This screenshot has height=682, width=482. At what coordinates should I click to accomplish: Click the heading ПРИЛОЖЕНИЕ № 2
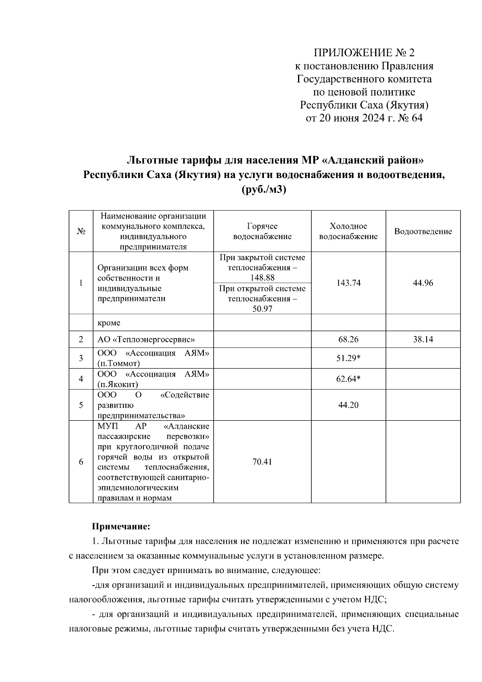364,53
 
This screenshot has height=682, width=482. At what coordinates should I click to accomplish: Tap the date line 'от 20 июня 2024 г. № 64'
364,118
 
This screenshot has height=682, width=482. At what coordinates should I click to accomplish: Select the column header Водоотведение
423,231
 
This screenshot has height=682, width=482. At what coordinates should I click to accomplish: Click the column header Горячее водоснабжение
262,231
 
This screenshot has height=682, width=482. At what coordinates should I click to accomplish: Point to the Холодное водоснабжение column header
348,231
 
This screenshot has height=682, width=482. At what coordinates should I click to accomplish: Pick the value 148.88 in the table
262,278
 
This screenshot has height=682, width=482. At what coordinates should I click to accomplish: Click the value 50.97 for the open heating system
262,309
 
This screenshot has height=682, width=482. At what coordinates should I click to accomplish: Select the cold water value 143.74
348,283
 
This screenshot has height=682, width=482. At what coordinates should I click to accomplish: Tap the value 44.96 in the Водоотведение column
423,283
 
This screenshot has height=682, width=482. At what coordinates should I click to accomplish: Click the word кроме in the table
109,323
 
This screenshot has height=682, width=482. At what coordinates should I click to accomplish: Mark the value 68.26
348,340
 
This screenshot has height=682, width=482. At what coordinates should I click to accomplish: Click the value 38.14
423,340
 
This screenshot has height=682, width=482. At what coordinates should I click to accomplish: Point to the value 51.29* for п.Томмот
348,358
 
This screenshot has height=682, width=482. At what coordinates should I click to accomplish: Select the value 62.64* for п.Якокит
348,379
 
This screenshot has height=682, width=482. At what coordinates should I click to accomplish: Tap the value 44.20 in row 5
348,405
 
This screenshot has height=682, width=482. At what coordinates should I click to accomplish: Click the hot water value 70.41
262,462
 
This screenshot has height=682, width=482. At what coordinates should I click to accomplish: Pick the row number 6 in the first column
81,462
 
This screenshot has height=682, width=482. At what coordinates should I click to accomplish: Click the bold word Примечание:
121,526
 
